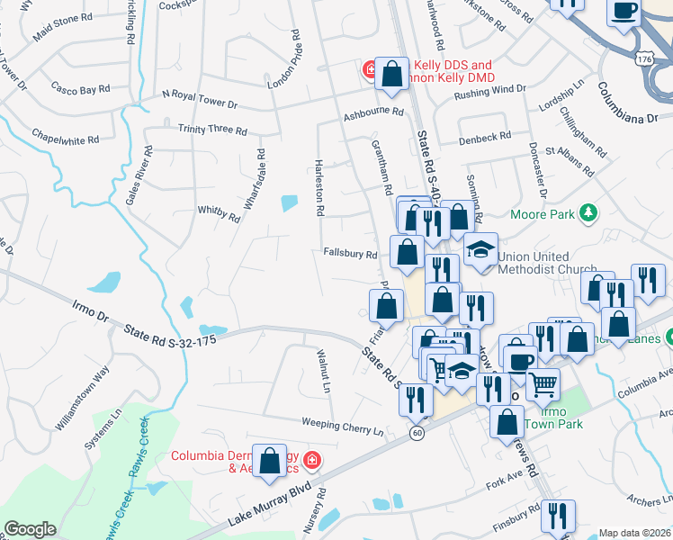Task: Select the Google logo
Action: (30, 529)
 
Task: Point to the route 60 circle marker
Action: (417, 433)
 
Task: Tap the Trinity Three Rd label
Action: (212, 130)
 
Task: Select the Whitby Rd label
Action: (219, 213)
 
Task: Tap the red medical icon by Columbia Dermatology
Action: (311, 461)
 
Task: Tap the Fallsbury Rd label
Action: (350, 255)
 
